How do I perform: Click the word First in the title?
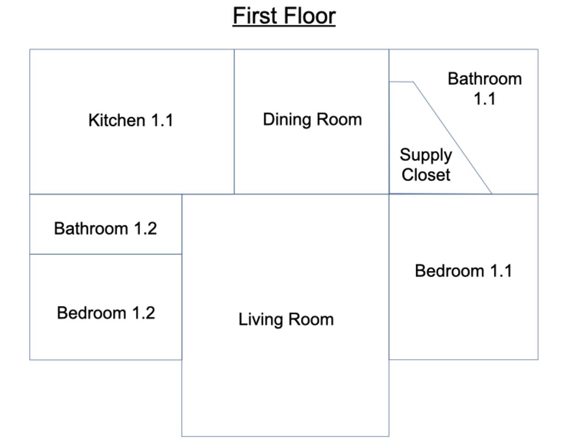255,16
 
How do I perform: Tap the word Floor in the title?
310,16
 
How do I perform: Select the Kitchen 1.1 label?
131,120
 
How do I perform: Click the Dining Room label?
312,119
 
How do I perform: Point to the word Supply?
426,155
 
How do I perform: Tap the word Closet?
426,175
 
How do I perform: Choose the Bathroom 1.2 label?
105,228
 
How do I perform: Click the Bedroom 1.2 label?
106,313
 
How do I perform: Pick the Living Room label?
286,320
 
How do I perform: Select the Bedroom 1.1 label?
463,271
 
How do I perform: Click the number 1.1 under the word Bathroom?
485,99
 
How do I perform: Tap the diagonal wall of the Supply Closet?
452,138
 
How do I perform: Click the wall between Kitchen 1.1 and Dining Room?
234,122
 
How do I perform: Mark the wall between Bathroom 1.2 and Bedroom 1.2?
106,254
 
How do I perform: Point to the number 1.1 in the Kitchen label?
162,120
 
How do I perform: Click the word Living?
261,320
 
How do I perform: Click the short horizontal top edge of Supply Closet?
401,82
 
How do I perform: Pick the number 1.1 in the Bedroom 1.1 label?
501,271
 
